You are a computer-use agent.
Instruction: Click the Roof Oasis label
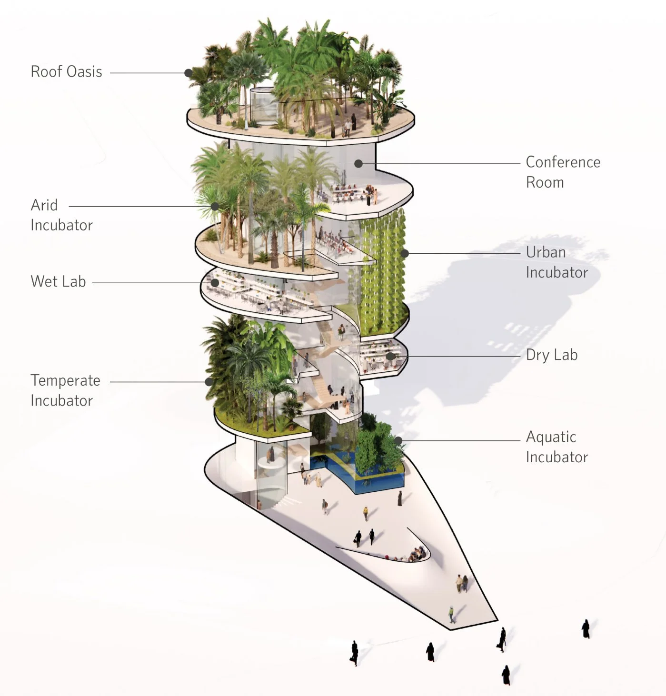point(66,72)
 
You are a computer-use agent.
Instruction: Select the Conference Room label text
point(563,172)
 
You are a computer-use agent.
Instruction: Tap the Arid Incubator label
point(61,215)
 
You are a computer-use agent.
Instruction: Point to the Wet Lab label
point(58,281)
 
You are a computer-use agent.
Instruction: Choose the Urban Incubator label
point(557,262)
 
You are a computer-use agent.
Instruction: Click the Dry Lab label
point(551,355)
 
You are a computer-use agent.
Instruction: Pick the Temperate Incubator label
point(65,390)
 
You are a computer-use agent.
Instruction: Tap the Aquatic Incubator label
point(557,447)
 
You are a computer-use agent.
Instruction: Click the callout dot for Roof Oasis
point(189,73)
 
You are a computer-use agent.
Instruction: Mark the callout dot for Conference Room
point(358,163)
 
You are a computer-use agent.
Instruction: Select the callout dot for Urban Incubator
point(405,253)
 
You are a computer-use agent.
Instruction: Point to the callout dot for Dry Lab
point(390,356)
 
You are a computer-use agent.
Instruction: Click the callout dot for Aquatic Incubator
point(398,440)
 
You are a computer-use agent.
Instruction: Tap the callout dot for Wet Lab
point(215,283)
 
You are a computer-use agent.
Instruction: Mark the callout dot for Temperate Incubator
point(209,381)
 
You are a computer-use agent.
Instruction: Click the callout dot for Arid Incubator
point(215,206)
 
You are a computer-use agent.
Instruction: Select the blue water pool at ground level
point(376,481)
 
